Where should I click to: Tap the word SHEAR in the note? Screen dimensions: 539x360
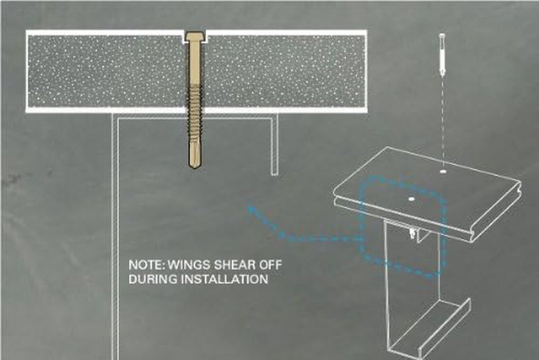point(234,265)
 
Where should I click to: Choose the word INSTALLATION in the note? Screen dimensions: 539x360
point(225,279)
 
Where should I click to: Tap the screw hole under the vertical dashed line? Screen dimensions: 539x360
point(443,171)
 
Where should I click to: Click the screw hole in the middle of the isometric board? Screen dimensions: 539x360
point(411,199)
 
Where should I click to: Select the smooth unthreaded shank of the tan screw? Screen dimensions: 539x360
point(195,62)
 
